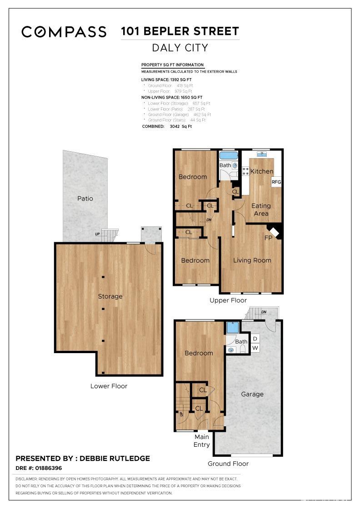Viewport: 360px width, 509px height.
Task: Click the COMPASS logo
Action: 64,31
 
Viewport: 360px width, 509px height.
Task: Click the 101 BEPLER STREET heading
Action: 180,31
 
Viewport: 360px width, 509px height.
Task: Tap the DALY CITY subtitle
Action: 180,48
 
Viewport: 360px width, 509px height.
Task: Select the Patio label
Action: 85,199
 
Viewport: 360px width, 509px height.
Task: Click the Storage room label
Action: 110,296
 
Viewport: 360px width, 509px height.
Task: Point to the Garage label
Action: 252,394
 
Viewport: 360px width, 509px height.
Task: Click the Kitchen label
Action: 262,171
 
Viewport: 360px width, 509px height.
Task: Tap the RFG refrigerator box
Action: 276,182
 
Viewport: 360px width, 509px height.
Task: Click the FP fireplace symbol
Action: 275,233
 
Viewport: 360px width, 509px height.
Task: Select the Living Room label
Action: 252,260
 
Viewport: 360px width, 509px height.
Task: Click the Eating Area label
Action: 261,210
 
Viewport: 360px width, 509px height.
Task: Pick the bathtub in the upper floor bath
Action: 229,156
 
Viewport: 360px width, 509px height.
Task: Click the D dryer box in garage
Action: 255,339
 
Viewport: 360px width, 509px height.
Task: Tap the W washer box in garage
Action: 255,348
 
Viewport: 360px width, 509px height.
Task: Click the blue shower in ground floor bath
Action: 233,328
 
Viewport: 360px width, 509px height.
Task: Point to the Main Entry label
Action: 202,441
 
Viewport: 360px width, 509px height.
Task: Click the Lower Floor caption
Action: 109,386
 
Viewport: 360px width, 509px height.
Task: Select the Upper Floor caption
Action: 228,300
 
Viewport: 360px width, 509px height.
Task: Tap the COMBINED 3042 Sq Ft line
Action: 167,126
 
